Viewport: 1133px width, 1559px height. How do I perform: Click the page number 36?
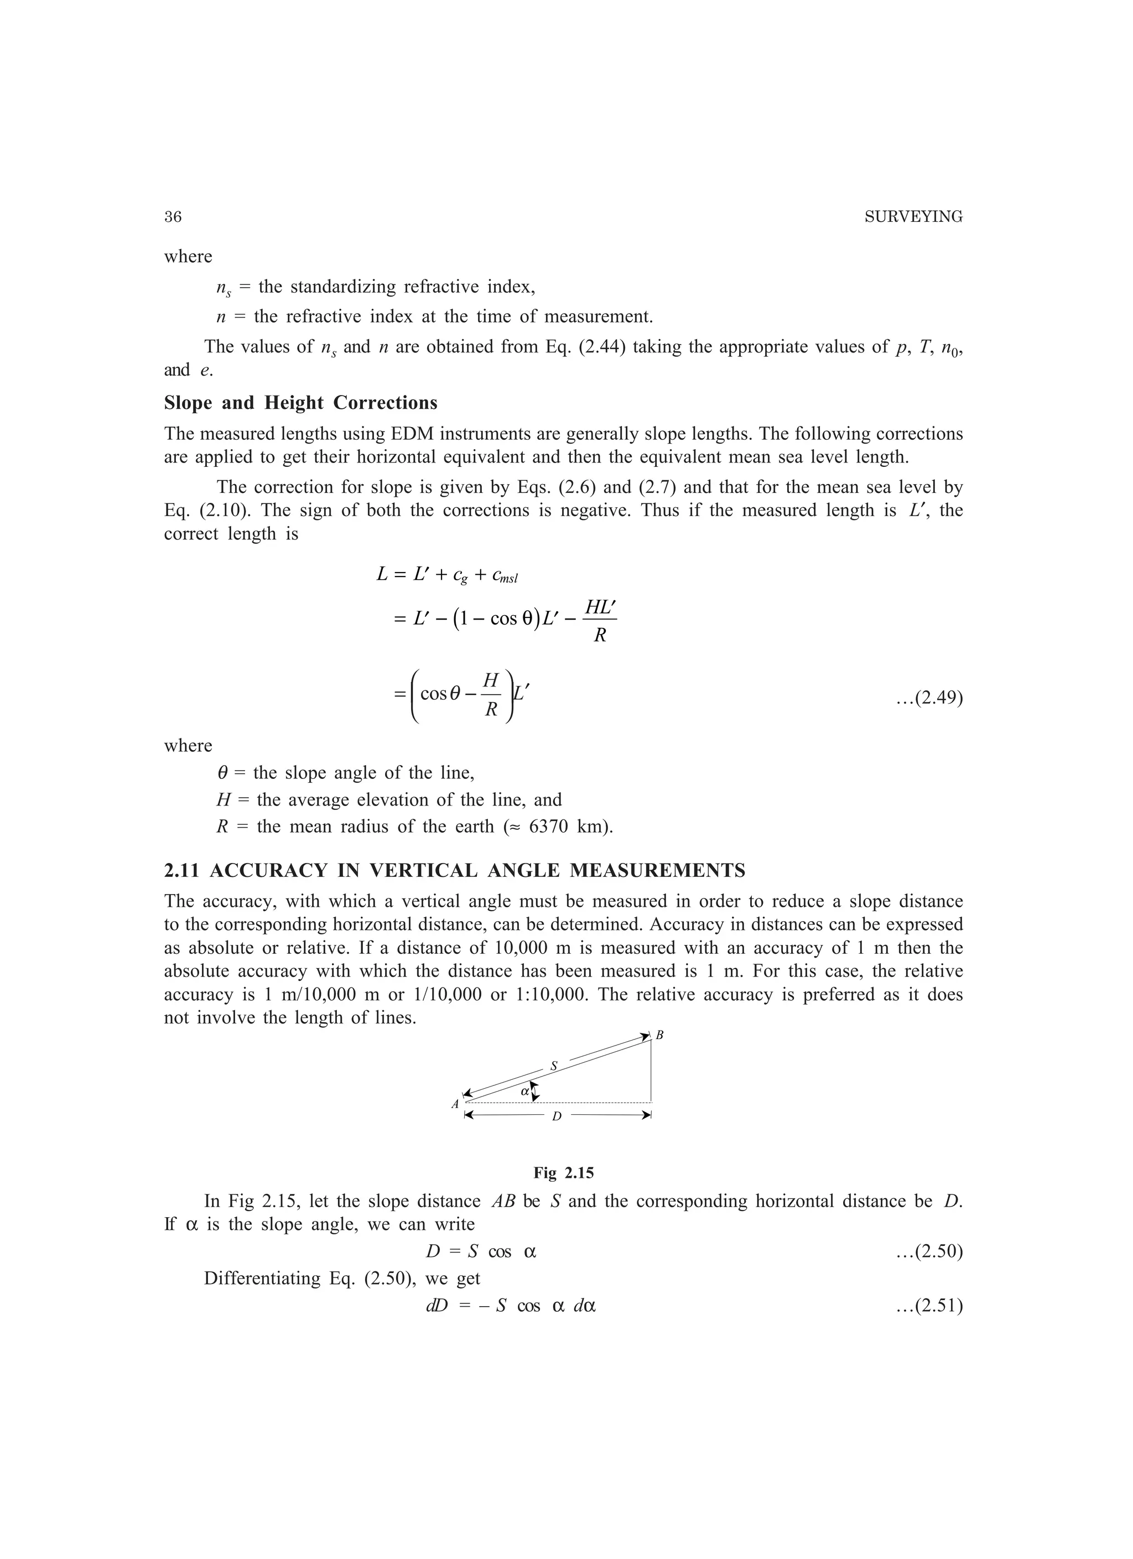click(x=173, y=217)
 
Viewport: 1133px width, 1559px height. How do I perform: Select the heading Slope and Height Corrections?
click(x=300, y=402)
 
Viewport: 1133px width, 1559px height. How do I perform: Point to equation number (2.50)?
click(x=929, y=1251)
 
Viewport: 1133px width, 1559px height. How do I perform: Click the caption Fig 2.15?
click(x=564, y=1173)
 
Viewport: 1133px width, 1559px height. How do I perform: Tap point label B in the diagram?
click(x=659, y=1035)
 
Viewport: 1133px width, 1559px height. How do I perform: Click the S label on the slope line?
click(x=554, y=1066)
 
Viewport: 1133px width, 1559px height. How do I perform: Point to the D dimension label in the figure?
click(x=557, y=1116)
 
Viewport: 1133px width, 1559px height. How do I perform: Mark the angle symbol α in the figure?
click(x=524, y=1090)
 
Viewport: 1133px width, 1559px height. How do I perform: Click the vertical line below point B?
click(x=651, y=1072)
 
